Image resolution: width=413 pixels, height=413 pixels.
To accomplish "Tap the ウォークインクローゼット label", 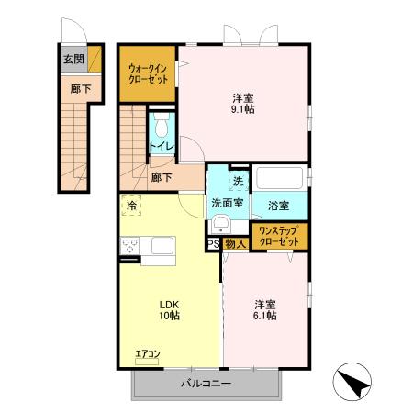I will click(148, 73).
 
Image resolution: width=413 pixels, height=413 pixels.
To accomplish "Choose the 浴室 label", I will click(280, 206).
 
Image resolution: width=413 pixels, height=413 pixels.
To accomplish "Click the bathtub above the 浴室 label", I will click(280, 178).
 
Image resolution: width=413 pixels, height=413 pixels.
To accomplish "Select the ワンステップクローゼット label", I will click(279, 235).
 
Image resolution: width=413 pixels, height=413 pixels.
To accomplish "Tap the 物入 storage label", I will click(234, 244).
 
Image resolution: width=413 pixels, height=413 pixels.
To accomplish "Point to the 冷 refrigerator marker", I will click(132, 206).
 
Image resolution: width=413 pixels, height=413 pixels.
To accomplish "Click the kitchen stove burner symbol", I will click(129, 245).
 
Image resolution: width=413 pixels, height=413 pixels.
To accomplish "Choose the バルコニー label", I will click(206, 383).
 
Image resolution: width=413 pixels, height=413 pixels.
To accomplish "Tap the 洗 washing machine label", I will click(238, 181).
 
